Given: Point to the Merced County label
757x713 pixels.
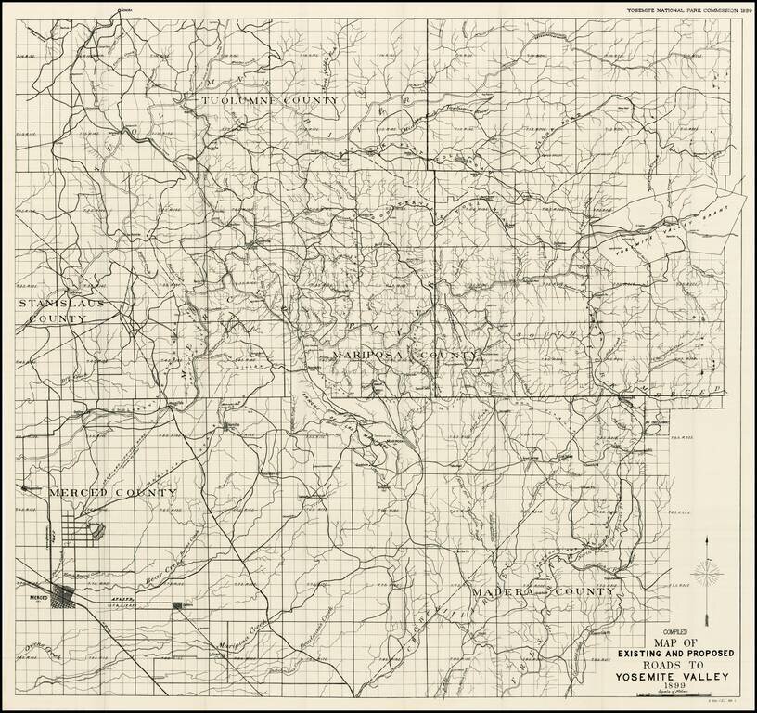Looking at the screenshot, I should pos(99,491).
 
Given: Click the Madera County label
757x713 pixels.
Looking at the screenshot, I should pos(542,591).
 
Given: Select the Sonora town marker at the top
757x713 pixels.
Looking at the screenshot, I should pos(122,13).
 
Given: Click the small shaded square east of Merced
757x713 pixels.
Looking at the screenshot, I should pos(177,605).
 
